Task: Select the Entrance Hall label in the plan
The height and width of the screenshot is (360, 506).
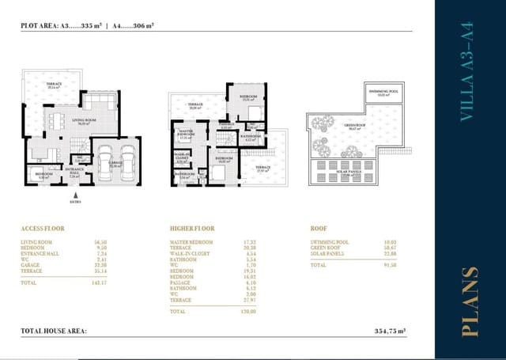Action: click(74, 171)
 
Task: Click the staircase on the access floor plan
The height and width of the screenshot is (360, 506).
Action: click(79, 143)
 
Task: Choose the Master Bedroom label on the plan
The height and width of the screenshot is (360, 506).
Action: click(187, 134)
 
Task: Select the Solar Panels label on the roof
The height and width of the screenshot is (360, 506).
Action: click(345, 176)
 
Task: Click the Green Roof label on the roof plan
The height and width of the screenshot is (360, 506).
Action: click(351, 128)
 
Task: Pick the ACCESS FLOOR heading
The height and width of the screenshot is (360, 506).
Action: click(43, 228)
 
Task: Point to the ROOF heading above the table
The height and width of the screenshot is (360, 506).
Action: click(320, 228)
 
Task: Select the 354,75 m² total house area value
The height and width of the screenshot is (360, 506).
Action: click(389, 332)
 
